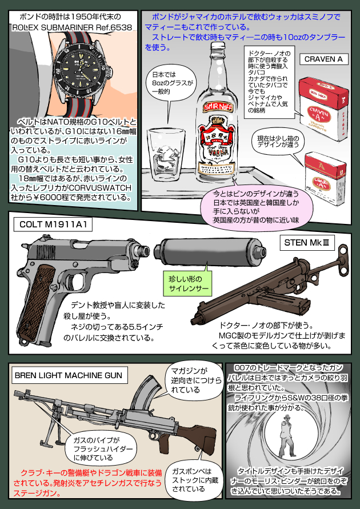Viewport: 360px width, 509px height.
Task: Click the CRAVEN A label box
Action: pos(323,59)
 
